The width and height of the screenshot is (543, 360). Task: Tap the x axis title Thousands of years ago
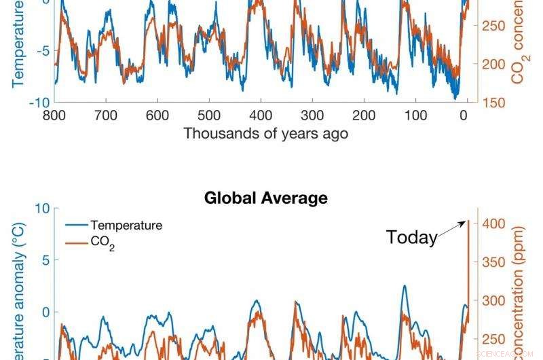pos(265,133)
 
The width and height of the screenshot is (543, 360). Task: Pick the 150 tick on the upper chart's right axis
pos(495,103)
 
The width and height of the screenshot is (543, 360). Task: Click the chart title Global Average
pos(265,198)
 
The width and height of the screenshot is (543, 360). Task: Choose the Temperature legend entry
pos(126,226)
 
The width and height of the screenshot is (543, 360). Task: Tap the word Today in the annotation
pos(411,238)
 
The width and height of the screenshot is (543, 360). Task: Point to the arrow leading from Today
pos(451,229)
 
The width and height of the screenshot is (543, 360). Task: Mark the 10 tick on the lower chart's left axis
pos(41,208)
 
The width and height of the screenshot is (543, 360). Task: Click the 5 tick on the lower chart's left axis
pos(45,260)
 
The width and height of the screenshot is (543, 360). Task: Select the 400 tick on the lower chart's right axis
pos(495,223)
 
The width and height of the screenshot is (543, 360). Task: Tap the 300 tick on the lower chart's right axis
pos(495,301)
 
